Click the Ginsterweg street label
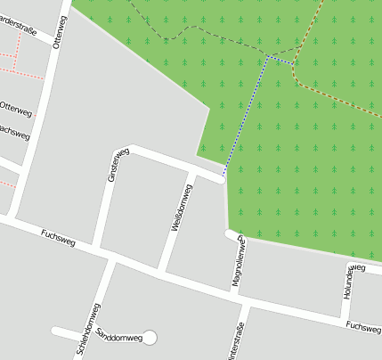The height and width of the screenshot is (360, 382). point(112,166)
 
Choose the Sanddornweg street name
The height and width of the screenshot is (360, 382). point(119,337)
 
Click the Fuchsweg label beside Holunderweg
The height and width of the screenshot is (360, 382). point(363,328)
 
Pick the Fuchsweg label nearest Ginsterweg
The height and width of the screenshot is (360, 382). point(58,237)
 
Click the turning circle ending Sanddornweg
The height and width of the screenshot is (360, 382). point(150,337)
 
